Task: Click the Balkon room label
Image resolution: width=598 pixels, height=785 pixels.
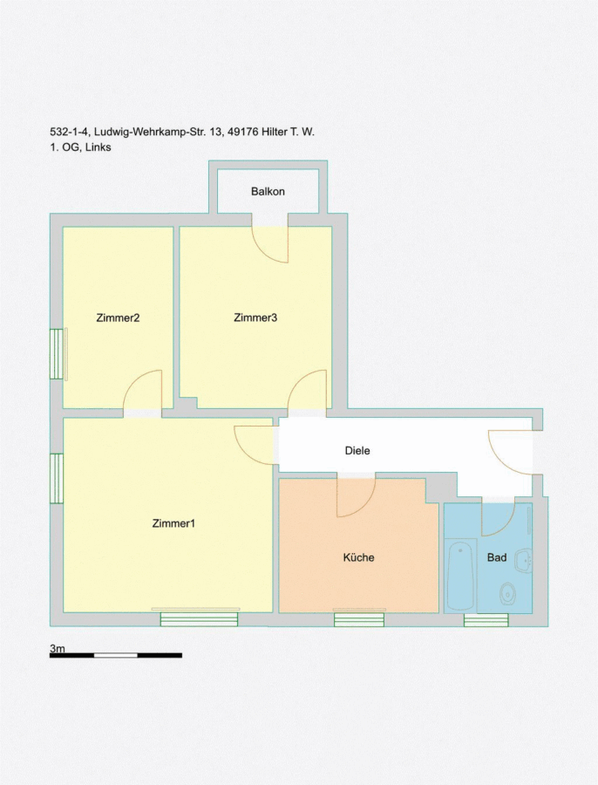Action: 268,191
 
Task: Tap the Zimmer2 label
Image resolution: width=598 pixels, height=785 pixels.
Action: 118,317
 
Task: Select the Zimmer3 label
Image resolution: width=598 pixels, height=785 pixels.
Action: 255,317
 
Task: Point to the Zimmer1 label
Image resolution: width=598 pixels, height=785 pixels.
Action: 173,523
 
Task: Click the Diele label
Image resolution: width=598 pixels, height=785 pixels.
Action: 357,451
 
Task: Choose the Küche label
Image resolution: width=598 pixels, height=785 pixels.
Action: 358,557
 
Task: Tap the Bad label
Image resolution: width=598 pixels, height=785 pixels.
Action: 497,557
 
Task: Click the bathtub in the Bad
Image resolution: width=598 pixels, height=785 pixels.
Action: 460,576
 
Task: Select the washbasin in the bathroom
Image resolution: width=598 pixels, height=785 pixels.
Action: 525,559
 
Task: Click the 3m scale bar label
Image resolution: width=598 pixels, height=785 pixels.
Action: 57,648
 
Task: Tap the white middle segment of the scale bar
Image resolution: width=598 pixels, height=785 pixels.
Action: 116,655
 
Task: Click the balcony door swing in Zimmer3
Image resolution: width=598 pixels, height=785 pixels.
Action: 269,245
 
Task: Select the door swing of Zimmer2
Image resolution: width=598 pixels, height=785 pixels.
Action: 143,390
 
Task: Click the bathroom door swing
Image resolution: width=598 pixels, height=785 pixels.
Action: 498,519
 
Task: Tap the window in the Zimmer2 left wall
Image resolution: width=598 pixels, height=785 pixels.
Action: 56,354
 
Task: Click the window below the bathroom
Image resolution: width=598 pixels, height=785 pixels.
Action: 486,620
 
